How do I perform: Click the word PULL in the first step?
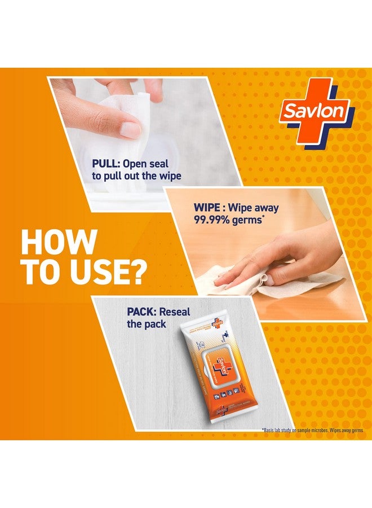click(x=105, y=164)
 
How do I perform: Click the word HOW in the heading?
click(x=58, y=242)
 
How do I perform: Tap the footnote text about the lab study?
click(x=313, y=431)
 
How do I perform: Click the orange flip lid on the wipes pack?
click(x=210, y=367)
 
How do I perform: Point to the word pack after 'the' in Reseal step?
click(x=154, y=324)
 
